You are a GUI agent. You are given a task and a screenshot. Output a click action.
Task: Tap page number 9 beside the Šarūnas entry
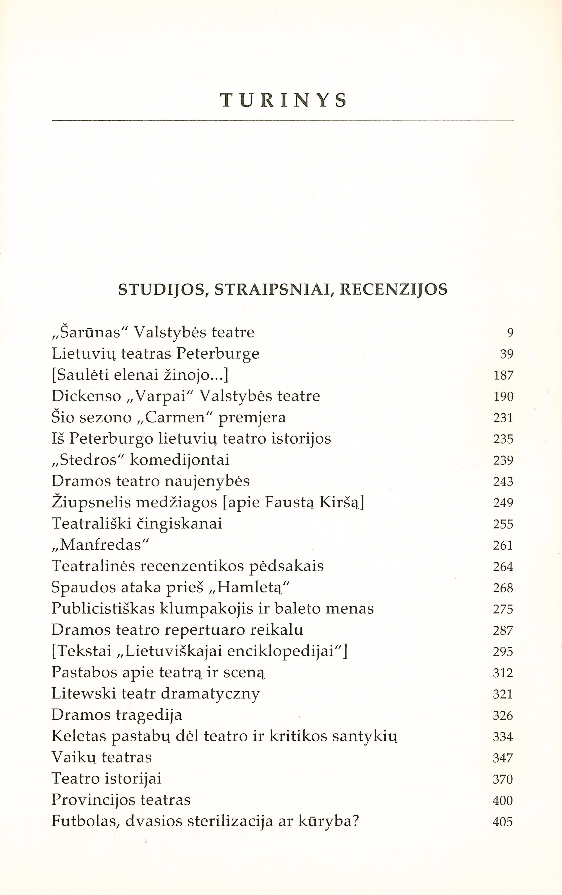click(510, 333)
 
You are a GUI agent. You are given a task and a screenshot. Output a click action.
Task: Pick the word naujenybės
click(207, 482)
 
